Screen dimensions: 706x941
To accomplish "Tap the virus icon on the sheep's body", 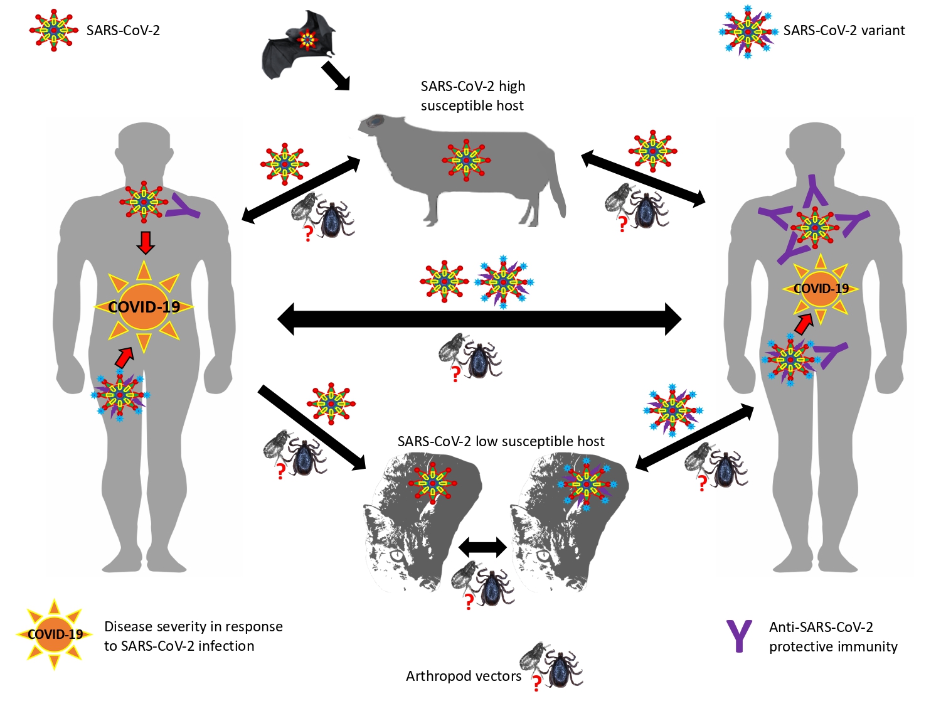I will [465, 160].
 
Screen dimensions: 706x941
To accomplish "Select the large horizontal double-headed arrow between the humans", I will [479, 318].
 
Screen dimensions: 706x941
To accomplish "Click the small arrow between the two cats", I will [482, 547].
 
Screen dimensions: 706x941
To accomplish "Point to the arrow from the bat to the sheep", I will [335, 75].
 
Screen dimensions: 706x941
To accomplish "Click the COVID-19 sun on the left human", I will [144, 307].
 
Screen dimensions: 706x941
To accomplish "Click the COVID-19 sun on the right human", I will [821, 289].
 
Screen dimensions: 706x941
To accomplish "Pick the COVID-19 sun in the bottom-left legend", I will [55, 634].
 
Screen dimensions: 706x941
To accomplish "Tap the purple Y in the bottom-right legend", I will [739, 636].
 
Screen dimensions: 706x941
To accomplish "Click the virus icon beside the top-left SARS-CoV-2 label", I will [54, 30].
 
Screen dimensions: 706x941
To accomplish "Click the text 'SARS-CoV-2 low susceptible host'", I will [501, 441].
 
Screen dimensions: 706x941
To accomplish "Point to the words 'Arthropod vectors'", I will [463, 676].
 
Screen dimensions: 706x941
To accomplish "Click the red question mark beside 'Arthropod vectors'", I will [536, 683].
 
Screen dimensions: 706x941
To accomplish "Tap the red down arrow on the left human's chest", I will [146, 242].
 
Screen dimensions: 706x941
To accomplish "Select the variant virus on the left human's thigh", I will [120, 395].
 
